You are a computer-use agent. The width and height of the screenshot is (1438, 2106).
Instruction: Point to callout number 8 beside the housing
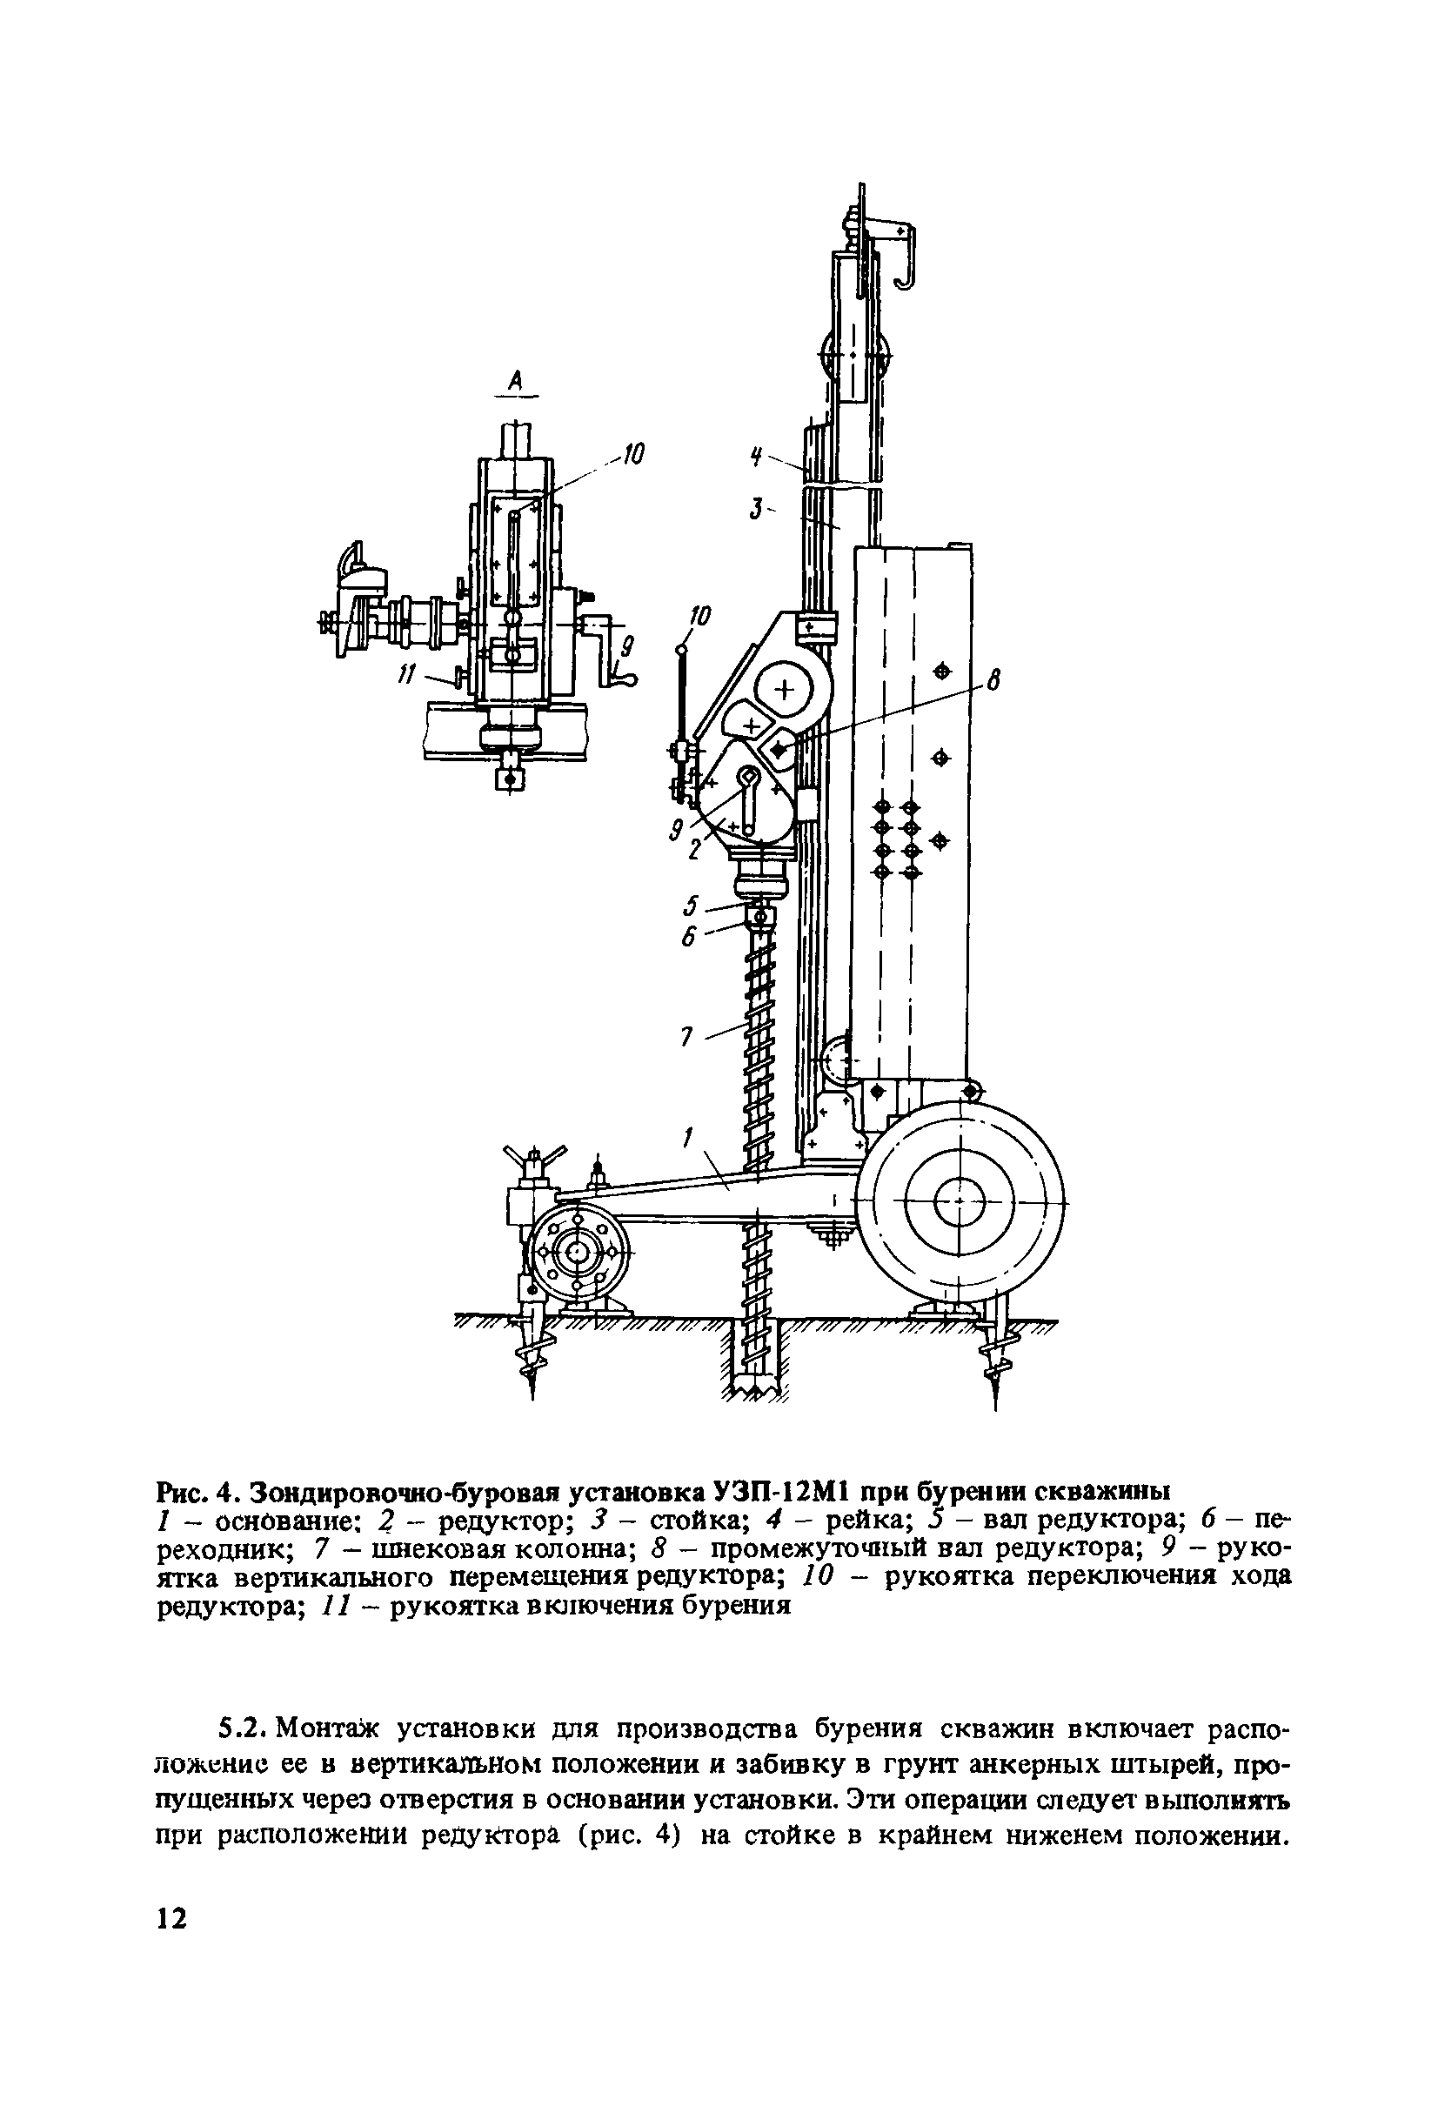pyautogui.click(x=993, y=679)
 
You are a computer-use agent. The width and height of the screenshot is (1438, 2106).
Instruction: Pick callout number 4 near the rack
pyautogui.click(x=754, y=458)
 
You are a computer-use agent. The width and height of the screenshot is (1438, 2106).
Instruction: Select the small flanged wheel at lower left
pyautogui.click(x=576, y=1254)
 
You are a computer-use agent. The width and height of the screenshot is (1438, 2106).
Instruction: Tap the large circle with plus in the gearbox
pyautogui.click(x=785, y=691)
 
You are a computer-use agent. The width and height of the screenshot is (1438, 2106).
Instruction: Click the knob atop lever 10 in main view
pyautogui.click(x=682, y=648)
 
